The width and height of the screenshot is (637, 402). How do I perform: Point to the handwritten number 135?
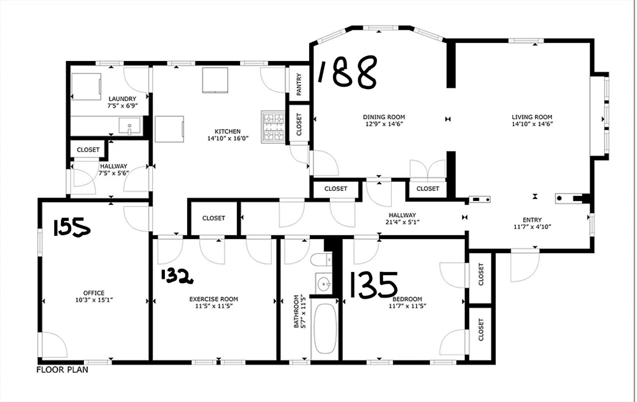click(x=373, y=284)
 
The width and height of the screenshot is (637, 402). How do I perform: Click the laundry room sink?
click(x=130, y=127)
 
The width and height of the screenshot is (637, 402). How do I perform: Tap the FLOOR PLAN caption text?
click(x=62, y=370)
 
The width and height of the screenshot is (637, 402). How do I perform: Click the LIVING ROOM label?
click(x=532, y=117)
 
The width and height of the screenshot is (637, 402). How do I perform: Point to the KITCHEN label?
click(x=227, y=131)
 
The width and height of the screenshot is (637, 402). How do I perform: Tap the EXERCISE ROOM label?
click(x=213, y=299)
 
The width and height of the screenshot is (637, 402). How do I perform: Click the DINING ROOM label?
click(x=384, y=117)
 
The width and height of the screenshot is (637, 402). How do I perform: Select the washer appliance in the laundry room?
click(x=85, y=86)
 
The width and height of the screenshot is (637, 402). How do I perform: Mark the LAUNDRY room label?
click(x=122, y=99)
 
